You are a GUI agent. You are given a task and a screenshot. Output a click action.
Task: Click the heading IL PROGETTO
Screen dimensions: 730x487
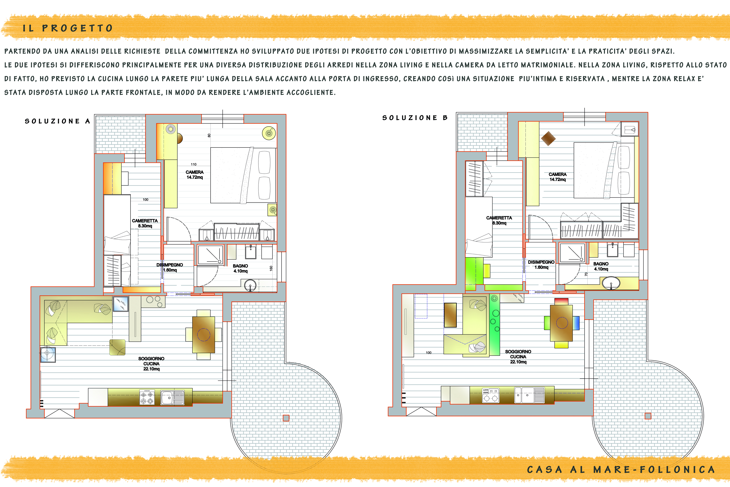[x=68, y=28]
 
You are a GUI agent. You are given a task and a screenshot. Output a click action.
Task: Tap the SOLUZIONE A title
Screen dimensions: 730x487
[x=57, y=121]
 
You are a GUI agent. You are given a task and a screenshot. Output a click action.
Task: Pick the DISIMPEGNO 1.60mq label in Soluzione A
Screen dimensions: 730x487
[x=170, y=267]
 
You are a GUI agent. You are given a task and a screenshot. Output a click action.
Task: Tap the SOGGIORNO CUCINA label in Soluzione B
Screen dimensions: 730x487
[x=518, y=356]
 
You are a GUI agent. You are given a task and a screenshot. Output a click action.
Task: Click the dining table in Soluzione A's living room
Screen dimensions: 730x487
[x=204, y=335]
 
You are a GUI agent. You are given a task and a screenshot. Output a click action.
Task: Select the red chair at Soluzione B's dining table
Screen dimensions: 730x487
[x=561, y=301]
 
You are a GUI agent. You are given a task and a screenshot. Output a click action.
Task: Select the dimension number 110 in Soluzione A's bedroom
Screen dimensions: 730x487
[x=194, y=164]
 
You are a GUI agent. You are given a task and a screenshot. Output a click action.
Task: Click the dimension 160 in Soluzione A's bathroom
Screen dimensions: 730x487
[x=271, y=268]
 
